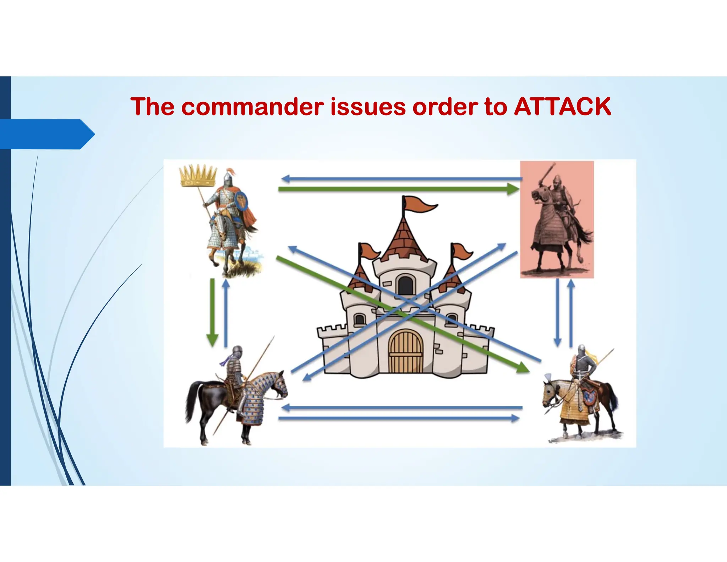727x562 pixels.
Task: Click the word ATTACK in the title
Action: point(562,107)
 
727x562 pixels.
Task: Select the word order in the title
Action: point(445,107)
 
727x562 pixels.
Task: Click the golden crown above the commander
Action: point(198,175)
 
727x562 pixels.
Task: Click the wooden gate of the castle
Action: point(405,351)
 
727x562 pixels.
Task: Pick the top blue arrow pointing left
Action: point(401,179)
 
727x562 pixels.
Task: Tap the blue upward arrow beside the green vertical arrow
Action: point(226,313)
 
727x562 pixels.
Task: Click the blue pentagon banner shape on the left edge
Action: point(46,134)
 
